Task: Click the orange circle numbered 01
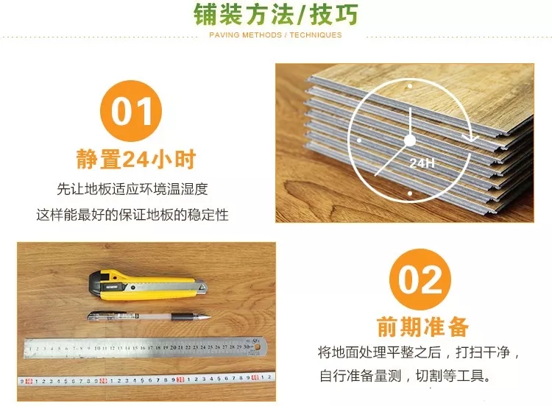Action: tap(131, 111)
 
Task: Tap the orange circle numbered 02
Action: tap(420, 279)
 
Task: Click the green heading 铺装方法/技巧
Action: tap(276, 14)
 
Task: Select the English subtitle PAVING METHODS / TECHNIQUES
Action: tap(275, 35)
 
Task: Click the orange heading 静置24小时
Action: tap(136, 160)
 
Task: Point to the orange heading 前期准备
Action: tap(422, 327)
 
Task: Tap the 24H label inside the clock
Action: tap(422, 163)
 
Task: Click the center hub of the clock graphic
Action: tap(410, 140)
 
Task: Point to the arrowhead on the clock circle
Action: tap(470, 138)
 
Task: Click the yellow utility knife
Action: tap(147, 285)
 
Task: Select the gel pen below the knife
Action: tap(149, 316)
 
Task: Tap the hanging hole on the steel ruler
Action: tap(258, 347)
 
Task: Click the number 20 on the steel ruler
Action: tap(173, 347)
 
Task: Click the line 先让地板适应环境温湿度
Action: tap(132, 189)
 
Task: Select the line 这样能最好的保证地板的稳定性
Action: tap(132, 214)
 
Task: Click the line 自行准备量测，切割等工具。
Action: tap(406, 376)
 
